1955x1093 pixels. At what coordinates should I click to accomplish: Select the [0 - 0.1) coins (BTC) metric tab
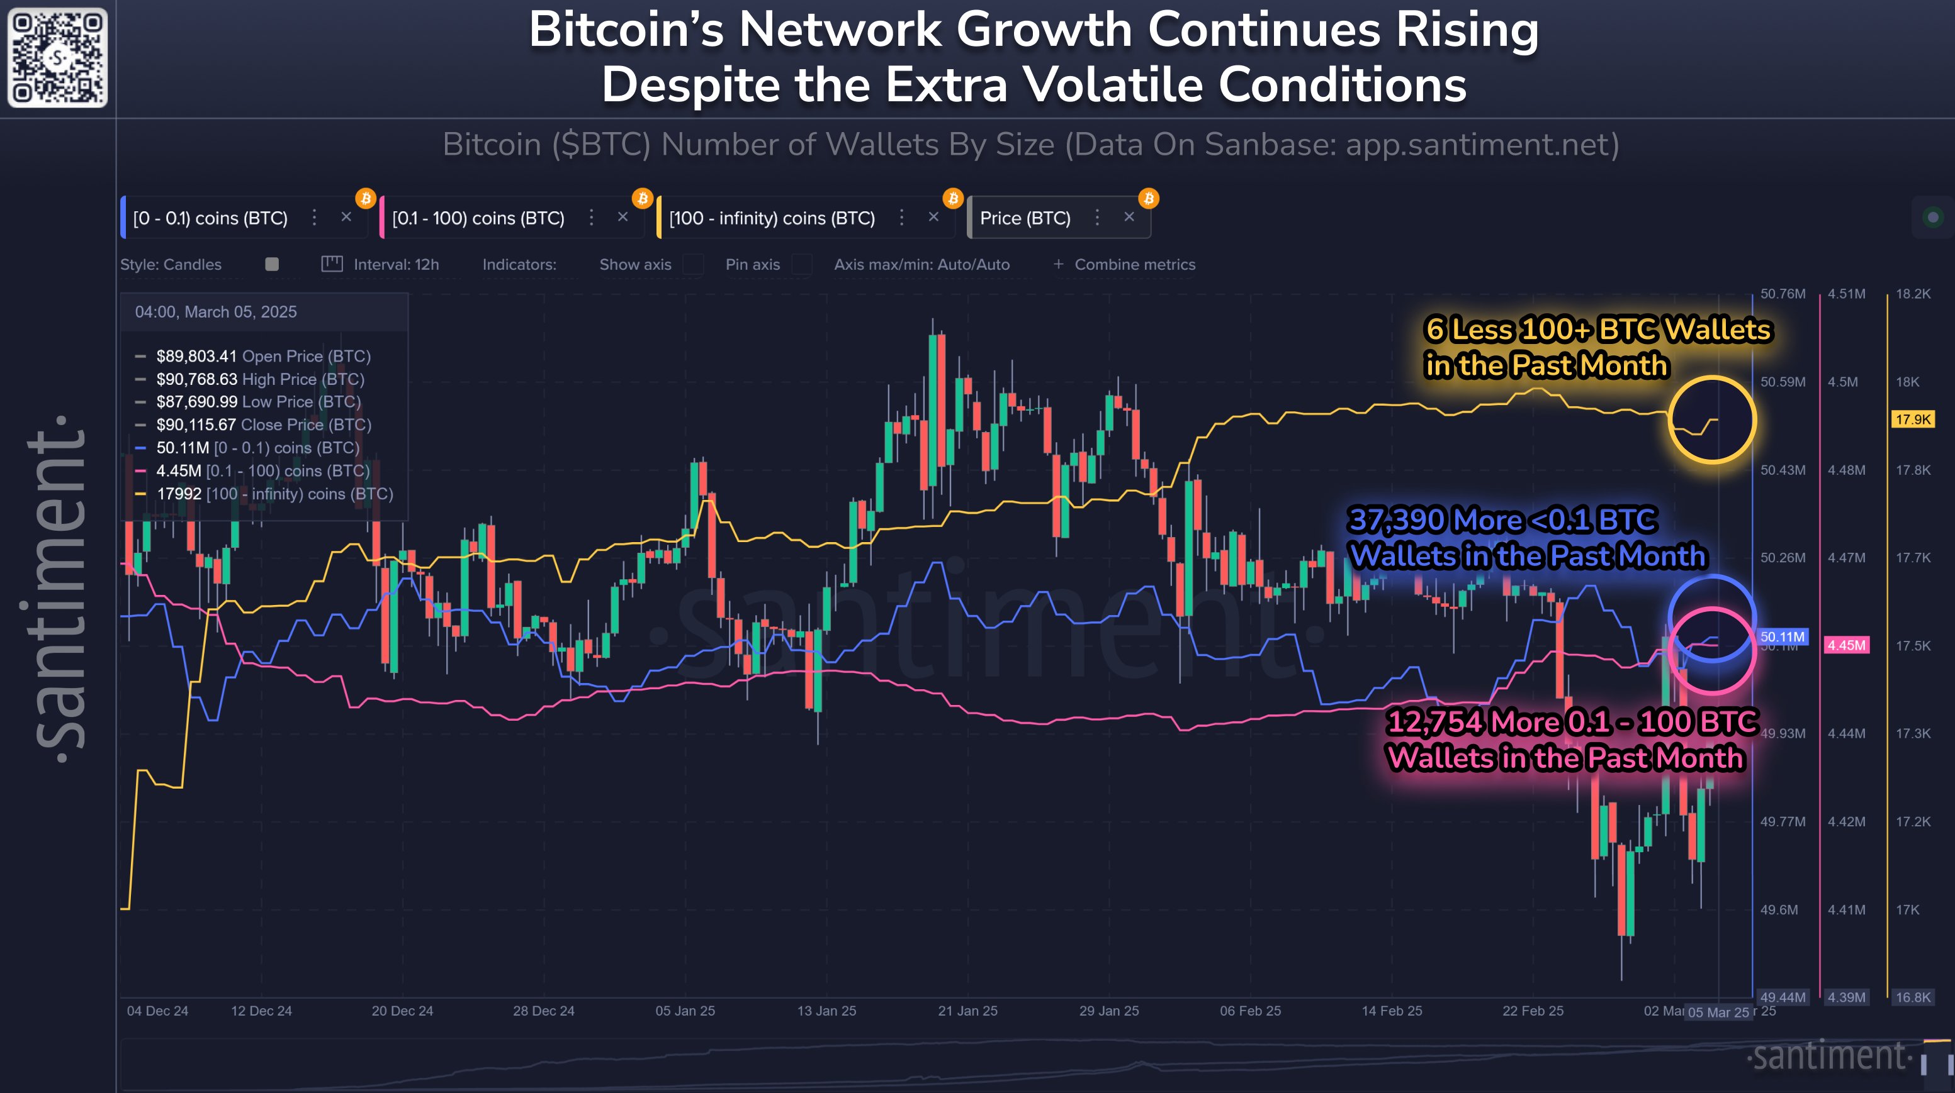point(210,218)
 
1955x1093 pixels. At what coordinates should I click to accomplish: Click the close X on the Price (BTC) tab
point(1129,217)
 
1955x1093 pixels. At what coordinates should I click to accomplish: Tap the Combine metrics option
point(1134,265)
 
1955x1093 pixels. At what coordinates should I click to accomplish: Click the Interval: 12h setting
point(395,265)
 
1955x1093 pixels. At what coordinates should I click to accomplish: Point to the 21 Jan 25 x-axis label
point(967,1011)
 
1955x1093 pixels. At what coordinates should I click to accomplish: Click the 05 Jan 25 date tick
point(685,1011)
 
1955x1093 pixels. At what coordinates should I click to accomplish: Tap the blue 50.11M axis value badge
point(1782,637)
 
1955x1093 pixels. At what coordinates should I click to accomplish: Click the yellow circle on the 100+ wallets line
point(1712,419)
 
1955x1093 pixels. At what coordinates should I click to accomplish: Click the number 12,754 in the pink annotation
point(1434,722)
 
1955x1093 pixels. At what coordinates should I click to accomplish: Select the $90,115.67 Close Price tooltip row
point(263,424)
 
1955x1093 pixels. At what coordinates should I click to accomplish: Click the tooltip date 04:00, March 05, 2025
point(215,312)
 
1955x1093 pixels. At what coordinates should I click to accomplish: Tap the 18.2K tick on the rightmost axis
point(1912,294)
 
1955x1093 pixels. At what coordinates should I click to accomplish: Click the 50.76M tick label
point(1783,294)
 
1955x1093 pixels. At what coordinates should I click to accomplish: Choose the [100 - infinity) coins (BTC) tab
point(771,218)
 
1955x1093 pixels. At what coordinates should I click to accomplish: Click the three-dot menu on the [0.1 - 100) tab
point(591,218)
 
